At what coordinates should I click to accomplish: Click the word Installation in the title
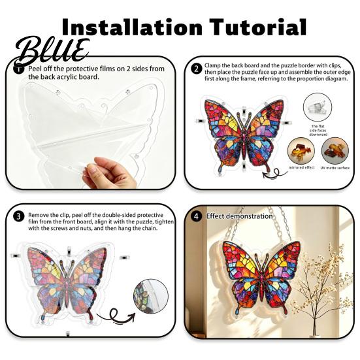(x=132, y=27)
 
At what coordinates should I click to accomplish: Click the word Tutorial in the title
(x=258, y=27)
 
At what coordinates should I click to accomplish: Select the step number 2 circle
(x=197, y=69)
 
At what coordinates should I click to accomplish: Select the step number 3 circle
(x=18, y=216)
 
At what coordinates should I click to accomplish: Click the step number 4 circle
(x=197, y=216)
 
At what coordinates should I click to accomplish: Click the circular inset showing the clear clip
(x=318, y=107)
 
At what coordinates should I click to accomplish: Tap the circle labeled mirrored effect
(x=301, y=151)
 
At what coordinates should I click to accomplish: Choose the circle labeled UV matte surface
(x=335, y=151)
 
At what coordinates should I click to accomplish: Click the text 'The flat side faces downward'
(x=318, y=130)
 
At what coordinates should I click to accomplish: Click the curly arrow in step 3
(x=115, y=316)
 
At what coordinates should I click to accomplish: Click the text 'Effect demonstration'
(x=239, y=216)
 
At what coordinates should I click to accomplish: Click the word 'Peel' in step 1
(x=35, y=69)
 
